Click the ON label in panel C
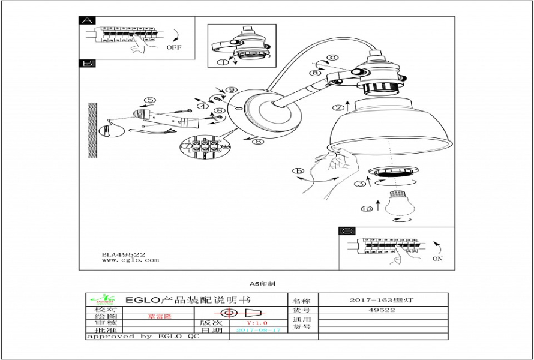click(437, 259)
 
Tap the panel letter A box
click(87, 21)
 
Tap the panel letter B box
click(87, 63)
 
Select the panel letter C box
click(347, 231)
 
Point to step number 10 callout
click(367, 208)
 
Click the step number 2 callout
click(339, 108)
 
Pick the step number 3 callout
click(359, 184)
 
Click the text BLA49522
click(123, 254)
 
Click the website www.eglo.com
click(130, 260)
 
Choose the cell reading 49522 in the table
click(382, 310)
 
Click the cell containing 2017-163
click(382, 299)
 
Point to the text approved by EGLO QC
click(143, 337)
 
